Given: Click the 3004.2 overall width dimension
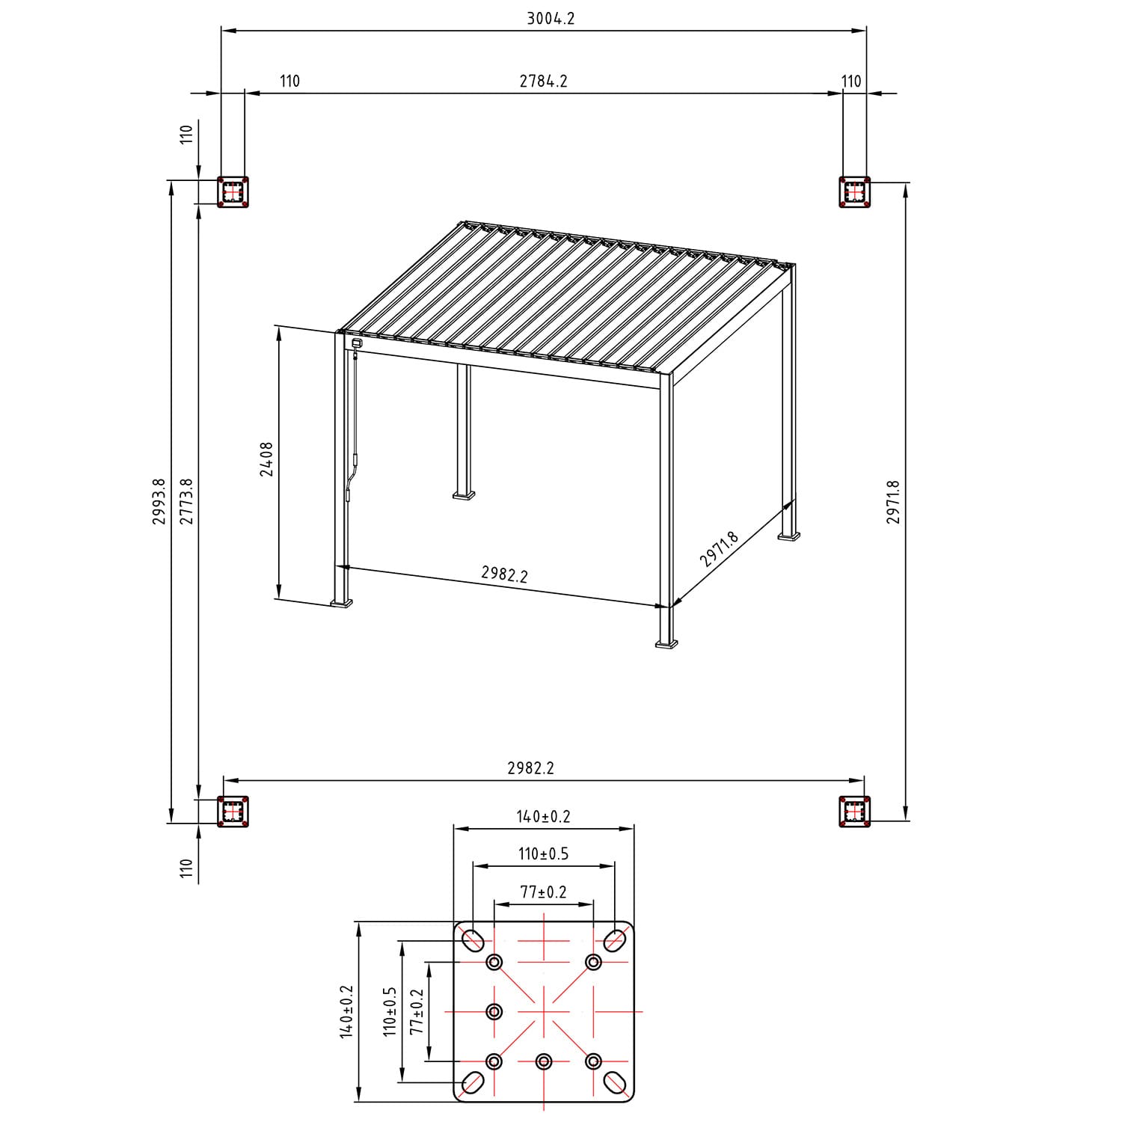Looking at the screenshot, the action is coord(551,19).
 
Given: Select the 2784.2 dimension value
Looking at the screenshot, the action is coord(544,81).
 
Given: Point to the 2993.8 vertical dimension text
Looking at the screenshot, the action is coord(159,501).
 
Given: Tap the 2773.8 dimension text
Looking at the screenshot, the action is coord(186,501).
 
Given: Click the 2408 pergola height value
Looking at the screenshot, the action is coord(266,459).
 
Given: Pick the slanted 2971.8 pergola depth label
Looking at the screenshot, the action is coord(719,550).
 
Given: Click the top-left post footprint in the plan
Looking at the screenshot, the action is coord(233,192).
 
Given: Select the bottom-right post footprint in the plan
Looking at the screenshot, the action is coord(855,812).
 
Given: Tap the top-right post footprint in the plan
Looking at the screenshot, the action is coord(855,192).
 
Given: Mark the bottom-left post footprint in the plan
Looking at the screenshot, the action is coord(233,812).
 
